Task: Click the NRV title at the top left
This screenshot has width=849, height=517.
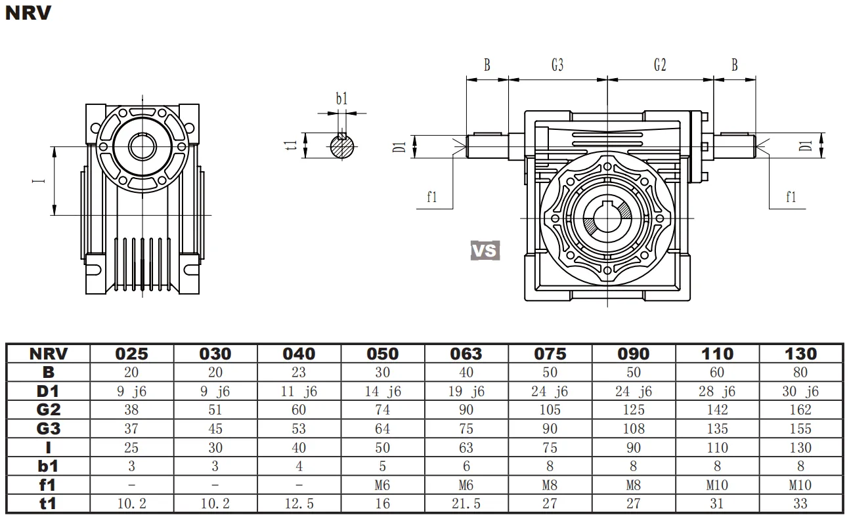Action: point(28,12)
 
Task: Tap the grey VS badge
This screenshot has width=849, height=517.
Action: point(485,250)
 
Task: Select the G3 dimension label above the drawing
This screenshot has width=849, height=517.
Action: point(557,65)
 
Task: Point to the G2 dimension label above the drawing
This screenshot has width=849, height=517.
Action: point(660,65)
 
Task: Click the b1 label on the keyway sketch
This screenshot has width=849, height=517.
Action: point(341,99)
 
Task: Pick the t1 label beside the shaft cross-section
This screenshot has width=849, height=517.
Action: point(293,146)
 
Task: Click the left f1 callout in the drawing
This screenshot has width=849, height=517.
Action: point(431,197)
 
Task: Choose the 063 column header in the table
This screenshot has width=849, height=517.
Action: point(466,354)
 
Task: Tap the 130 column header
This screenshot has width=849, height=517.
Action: point(801,354)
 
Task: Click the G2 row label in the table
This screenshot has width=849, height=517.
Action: point(48,410)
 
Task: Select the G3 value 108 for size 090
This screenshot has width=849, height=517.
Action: point(634,429)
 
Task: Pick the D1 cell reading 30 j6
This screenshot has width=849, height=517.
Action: point(801,392)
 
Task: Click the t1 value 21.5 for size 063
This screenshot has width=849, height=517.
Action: point(466,504)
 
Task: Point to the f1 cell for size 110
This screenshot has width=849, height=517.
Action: point(717,486)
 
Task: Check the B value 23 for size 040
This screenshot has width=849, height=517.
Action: point(299,373)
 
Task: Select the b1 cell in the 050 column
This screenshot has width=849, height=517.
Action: point(382,466)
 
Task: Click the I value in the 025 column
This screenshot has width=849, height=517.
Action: point(131,448)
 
